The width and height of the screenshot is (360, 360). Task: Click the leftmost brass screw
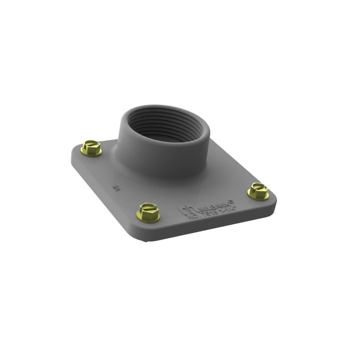[x=91, y=148]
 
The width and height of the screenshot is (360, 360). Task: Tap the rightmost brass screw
[x=258, y=191]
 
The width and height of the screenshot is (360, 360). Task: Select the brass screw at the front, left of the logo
[x=148, y=212]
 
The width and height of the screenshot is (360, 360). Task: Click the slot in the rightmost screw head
[x=258, y=187]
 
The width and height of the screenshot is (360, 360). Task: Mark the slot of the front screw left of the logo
[x=148, y=208]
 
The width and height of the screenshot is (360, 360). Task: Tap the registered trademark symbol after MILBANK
[x=232, y=202]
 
